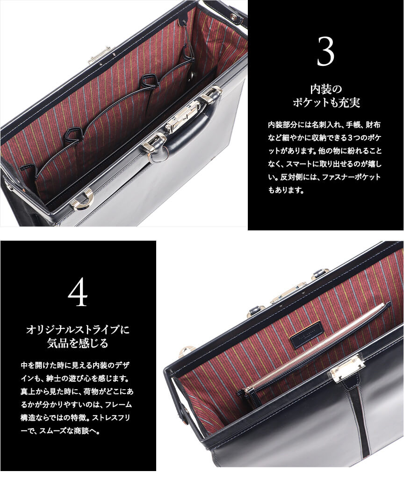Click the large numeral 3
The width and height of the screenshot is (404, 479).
coord(325,51)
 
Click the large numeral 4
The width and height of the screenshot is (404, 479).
coord(78,293)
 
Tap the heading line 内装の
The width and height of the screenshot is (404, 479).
coord(326,90)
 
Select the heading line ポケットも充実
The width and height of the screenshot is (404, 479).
coord(326,103)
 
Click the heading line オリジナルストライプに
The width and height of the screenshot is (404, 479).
coord(78,330)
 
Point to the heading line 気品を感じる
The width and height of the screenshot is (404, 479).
coord(78,343)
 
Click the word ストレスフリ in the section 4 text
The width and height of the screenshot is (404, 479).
coord(112,418)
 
